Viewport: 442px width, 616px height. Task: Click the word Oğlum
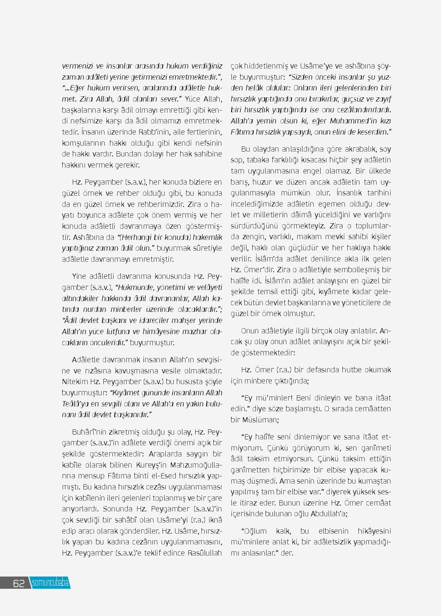point(254,531)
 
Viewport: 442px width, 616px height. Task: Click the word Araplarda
point(164,454)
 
